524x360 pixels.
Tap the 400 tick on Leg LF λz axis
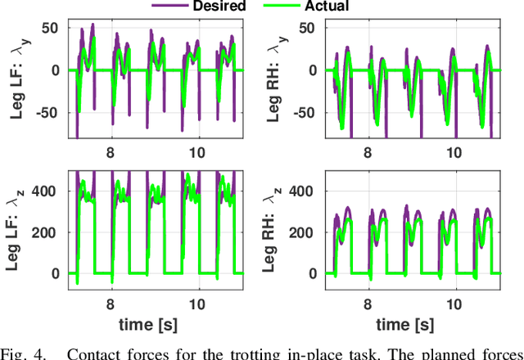pos(48,192)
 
